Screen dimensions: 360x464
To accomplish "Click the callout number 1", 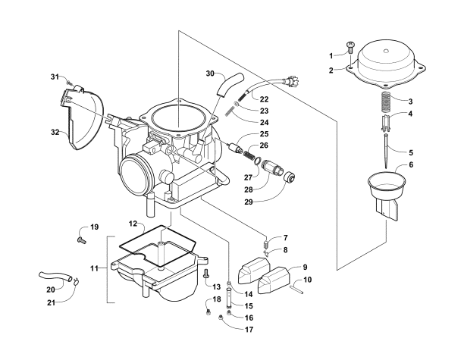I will point(331,55).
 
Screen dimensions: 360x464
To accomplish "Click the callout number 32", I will point(55,131).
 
